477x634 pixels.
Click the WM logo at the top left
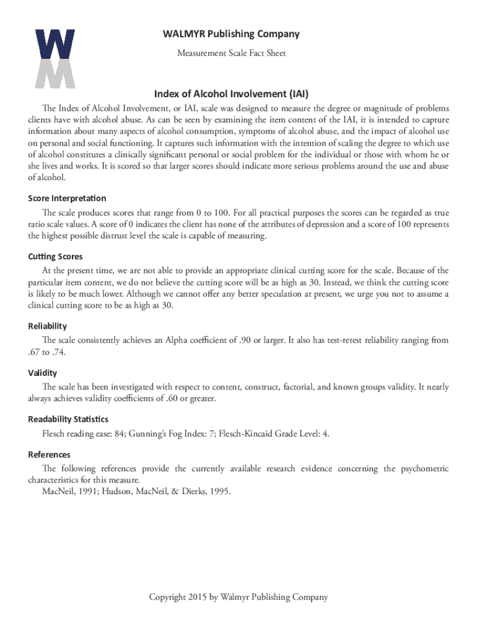[55, 58]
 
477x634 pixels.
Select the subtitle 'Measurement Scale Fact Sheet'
[231, 53]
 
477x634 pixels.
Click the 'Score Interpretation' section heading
[67, 198]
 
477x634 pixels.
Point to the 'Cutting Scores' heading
[55, 256]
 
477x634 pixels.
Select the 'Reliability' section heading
[47, 326]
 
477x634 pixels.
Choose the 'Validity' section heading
[42, 373]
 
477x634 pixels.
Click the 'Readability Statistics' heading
[68, 419]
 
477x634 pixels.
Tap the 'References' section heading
[49, 454]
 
